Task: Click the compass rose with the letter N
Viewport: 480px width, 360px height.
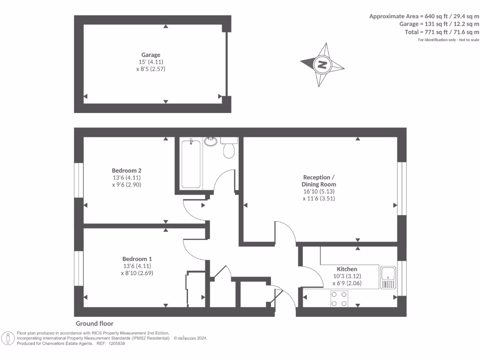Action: click(322, 65)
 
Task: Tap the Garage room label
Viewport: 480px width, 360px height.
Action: click(151, 55)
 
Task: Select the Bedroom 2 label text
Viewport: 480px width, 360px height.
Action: click(127, 170)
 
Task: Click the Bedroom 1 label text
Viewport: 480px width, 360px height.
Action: click(137, 259)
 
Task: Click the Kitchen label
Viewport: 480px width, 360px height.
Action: click(347, 269)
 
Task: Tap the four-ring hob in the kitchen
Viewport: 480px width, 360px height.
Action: click(339, 299)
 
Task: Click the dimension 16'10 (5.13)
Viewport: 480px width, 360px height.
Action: click(319, 191)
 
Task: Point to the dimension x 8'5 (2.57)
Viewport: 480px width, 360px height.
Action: click(151, 68)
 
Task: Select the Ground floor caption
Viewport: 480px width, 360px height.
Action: click(95, 323)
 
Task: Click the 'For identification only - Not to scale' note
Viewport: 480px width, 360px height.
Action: click(448, 40)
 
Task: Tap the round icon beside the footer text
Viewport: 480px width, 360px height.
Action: click(8, 338)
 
